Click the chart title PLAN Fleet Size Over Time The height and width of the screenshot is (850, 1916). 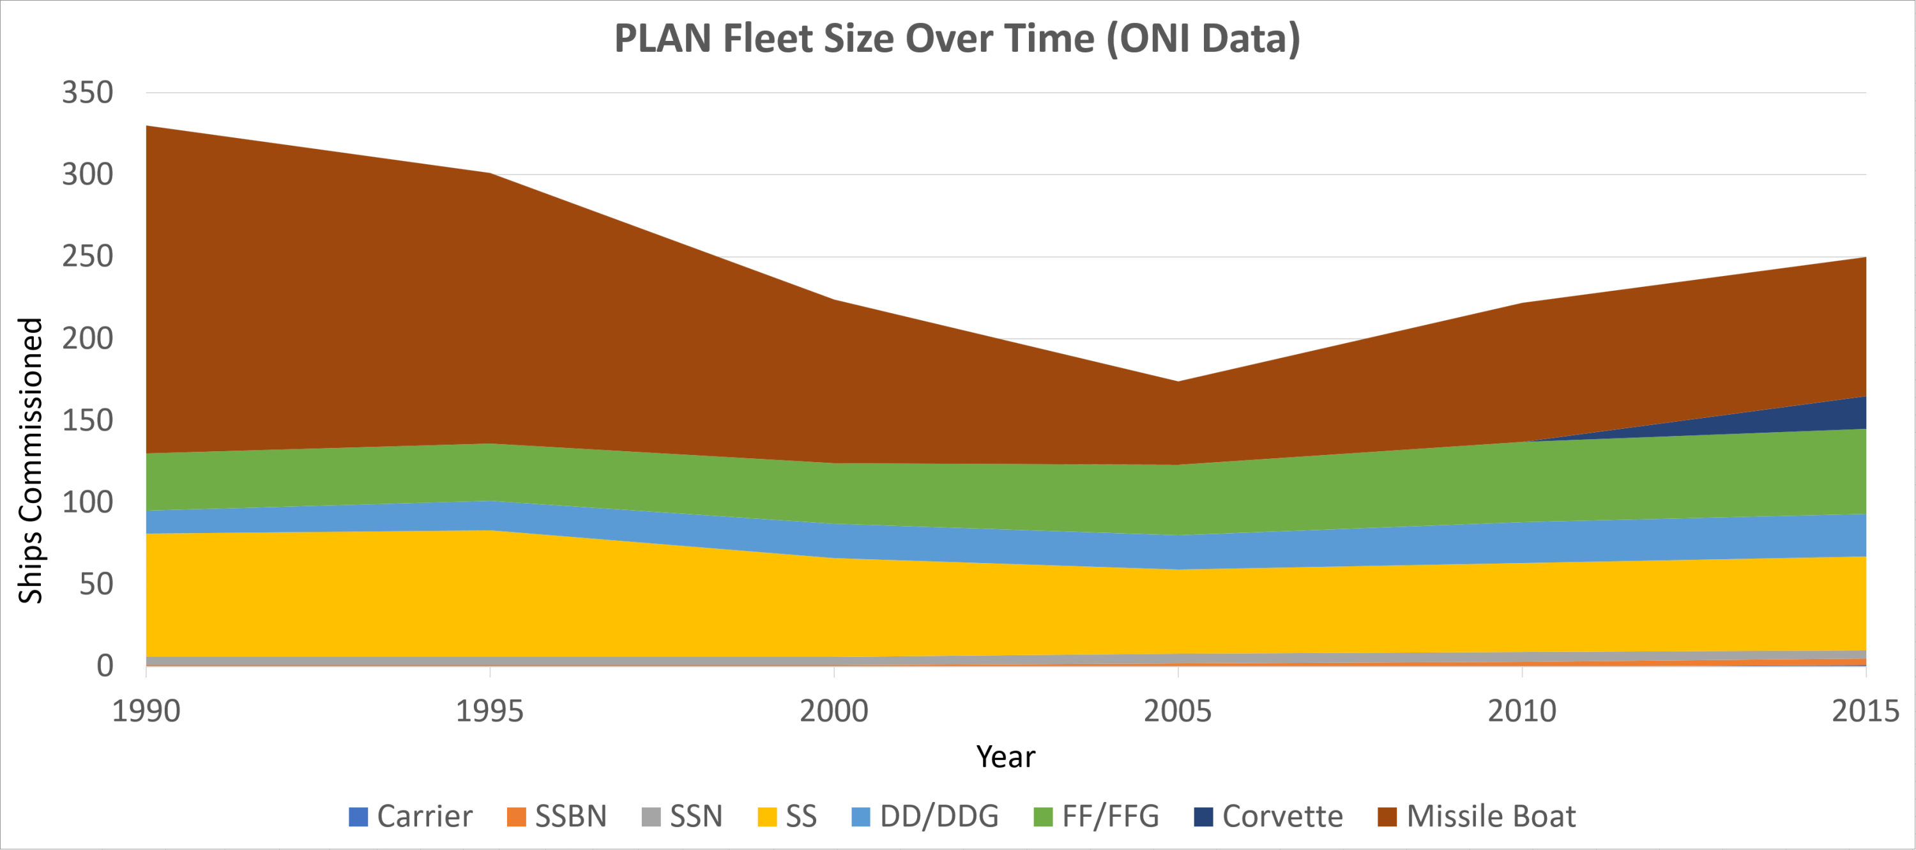tap(957, 39)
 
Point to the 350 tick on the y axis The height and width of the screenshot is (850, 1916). tap(87, 93)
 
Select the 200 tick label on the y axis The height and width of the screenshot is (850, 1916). tap(87, 339)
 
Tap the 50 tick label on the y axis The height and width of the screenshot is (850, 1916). tap(96, 584)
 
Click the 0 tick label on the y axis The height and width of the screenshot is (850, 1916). tap(105, 665)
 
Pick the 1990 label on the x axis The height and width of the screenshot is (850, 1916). tap(146, 711)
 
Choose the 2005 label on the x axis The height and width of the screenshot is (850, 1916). tap(1178, 711)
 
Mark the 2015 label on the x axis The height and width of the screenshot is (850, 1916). tap(1865, 711)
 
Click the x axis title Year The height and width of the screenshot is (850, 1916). tap(1006, 757)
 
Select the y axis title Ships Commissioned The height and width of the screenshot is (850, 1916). tap(31, 460)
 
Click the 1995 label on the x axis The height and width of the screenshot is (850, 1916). tap(489, 711)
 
